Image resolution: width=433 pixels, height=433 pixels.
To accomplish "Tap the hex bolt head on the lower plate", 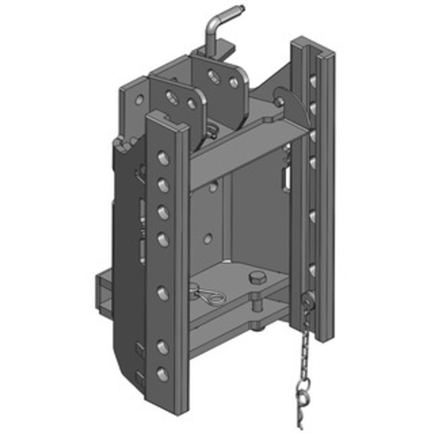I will [x=256, y=279].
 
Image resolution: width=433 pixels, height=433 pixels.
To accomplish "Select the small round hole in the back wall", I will [x=208, y=238].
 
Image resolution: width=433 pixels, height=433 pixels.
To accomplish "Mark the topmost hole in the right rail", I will [x=312, y=81].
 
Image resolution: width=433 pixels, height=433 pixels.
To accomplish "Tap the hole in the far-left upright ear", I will [x=140, y=100].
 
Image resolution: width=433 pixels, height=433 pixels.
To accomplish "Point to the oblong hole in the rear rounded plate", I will [x=214, y=76].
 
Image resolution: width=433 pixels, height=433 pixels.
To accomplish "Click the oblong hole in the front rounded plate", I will [x=172, y=97].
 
